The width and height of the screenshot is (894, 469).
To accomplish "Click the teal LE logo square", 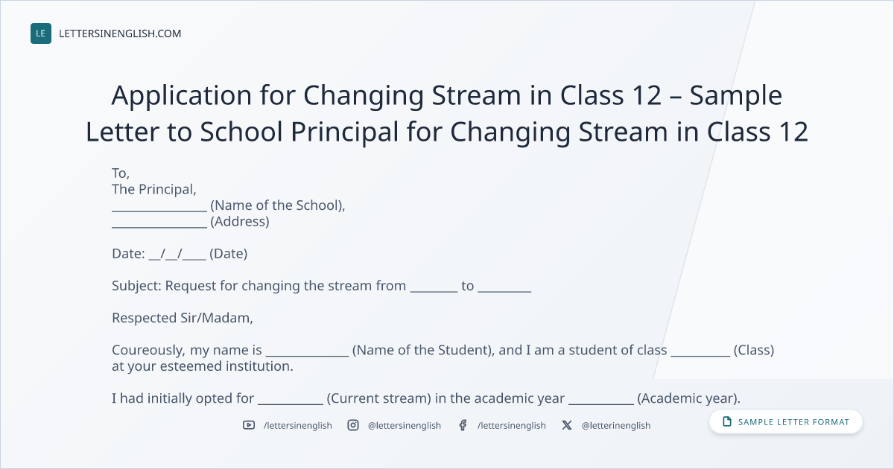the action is [x=41, y=33].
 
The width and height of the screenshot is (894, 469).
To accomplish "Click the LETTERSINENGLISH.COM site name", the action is [x=120, y=33].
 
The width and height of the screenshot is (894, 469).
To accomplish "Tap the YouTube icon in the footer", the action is [x=249, y=425].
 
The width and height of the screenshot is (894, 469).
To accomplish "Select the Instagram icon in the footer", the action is [x=353, y=425].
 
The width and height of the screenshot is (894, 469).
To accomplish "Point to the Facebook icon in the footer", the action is [x=463, y=425].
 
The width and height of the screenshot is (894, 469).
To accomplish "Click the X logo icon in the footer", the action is [x=567, y=425].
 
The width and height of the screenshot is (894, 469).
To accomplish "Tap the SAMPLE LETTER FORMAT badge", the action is [x=785, y=422].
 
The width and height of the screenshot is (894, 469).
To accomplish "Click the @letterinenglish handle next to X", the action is [x=616, y=426].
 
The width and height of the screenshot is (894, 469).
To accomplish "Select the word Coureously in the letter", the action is [x=148, y=350].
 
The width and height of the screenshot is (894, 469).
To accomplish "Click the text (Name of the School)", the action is [x=276, y=205].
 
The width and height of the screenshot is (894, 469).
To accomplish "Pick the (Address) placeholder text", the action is [x=240, y=221].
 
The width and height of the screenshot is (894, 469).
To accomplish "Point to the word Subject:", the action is [x=136, y=286].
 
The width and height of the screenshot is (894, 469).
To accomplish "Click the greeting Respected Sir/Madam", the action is [x=182, y=318].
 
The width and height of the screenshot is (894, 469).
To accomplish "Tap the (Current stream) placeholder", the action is [x=378, y=398].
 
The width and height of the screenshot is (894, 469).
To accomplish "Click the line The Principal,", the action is [x=154, y=189].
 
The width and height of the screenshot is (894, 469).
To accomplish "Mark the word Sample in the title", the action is [x=735, y=96].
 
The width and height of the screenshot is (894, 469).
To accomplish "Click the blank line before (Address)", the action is [x=159, y=226].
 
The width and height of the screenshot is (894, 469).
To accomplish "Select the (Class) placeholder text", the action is [x=754, y=350].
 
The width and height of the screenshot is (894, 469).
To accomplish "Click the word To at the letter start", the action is [x=119, y=173].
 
